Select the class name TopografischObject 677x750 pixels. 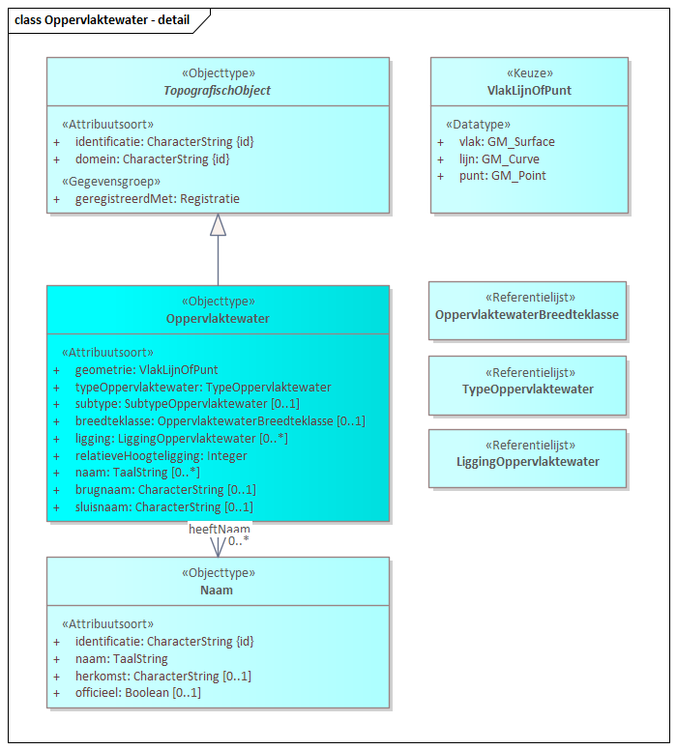tap(218, 90)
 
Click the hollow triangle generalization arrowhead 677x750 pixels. tap(218, 224)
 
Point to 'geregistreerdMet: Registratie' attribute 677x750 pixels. tap(157, 199)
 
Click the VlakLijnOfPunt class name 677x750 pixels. tap(529, 90)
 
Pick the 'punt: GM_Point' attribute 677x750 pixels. tap(502, 176)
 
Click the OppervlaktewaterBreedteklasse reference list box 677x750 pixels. tap(527, 310)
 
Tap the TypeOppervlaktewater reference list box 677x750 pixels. tap(527, 385)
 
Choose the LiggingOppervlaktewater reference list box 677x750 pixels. tap(527, 458)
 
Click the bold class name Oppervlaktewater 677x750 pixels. tap(218, 318)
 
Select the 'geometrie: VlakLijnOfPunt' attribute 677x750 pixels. tap(146, 369)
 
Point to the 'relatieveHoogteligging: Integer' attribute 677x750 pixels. tap(161, 456)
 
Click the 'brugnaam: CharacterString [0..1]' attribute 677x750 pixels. tap(164, 490)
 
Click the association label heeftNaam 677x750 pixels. tap(219, 529)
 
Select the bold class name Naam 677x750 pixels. tap(217, 590)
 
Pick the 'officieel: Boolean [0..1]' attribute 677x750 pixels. tap(137, 693)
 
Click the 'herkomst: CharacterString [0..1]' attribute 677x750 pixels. tap(162, 676)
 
